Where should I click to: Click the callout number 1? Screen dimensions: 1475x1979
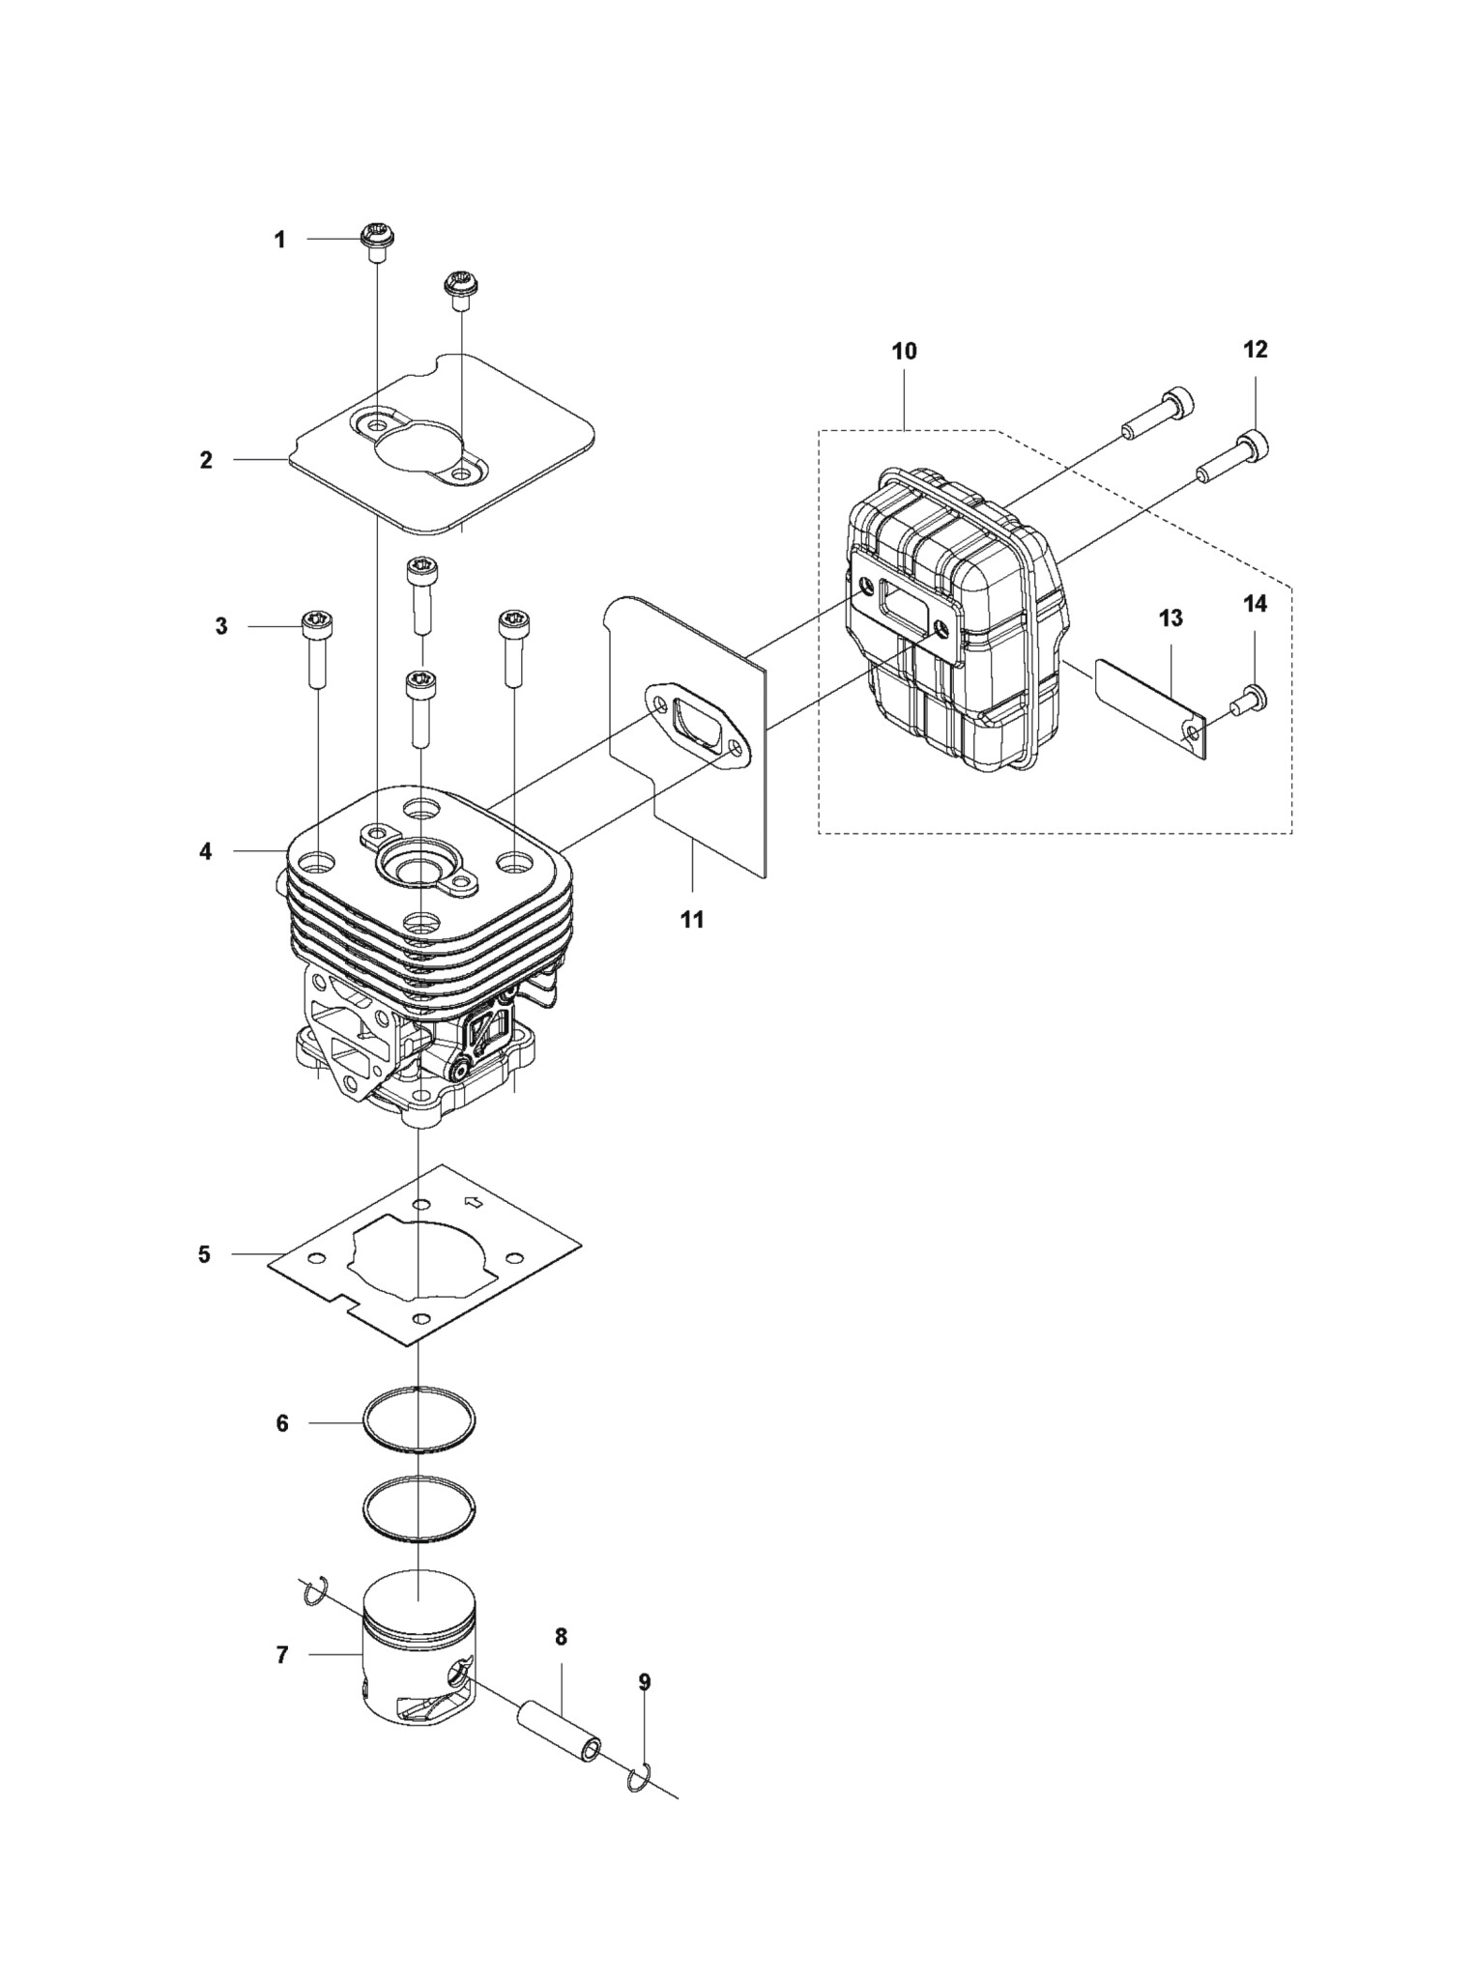(x=280, y=240)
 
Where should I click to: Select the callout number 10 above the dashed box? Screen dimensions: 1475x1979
(x=904, y=351)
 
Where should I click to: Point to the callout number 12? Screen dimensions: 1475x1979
(x=1255, y=349)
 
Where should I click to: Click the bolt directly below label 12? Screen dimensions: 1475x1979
(x=1232, y=457)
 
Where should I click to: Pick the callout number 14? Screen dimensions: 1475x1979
(x=1255, y=604)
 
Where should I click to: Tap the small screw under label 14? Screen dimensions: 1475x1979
(x=1249, y=701)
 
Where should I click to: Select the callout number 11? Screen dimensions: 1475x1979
(x=692, y=919)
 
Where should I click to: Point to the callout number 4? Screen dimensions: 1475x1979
(x=206, y=851)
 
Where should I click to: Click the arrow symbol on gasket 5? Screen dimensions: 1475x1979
(x=474, y=1203)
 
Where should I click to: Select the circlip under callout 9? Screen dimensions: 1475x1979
(x=639, y=1777)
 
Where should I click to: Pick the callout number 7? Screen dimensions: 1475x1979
(x=282, y=1655)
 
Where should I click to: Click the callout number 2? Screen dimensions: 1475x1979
(x=206, y=460)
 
